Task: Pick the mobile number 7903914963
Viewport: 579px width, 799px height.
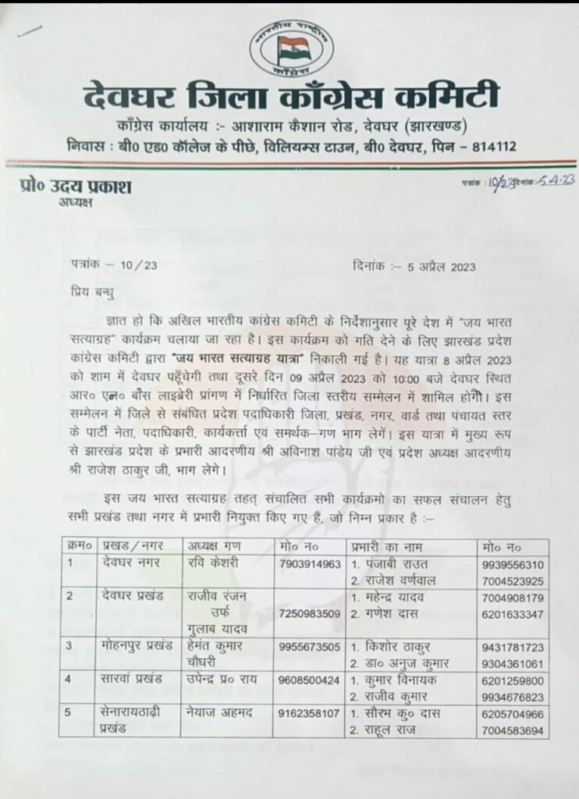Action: [309, 563]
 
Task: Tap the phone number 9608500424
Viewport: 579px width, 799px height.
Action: [309, 680]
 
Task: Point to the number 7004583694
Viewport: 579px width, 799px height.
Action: [513, 730]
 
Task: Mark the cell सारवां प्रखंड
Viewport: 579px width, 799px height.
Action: [125, 680]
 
